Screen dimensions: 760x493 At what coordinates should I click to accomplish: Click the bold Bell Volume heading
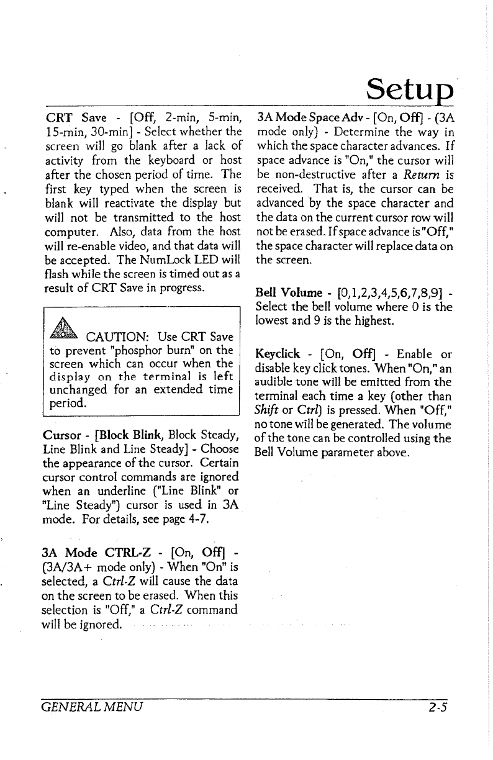pos(284,293)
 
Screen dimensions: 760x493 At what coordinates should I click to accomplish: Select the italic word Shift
pos(268,412)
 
